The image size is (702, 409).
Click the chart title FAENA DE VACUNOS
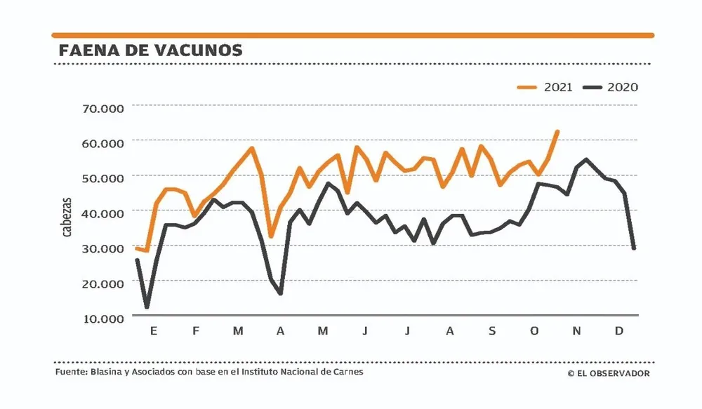(x=151, y=51)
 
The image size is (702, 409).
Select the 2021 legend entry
(x=545, y=87)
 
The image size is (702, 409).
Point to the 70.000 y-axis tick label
(x=102, y=109)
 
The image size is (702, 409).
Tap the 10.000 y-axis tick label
(x=102, y=318)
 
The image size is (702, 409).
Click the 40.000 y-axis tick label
(x=102, y=213)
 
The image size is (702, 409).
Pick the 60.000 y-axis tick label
(x=102, y=142)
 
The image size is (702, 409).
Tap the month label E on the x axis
(x=153, y=330)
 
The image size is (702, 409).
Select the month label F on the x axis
(x=196, y=330)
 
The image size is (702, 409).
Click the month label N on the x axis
(x=576, y=330)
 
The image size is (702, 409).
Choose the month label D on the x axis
(x=619, y=330)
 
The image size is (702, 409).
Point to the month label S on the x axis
(x=492, y=330)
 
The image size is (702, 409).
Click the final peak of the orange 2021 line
(x=557, y=131)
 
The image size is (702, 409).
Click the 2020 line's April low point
(x=280, y=293)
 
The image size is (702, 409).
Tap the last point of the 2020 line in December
(x=634, y=248)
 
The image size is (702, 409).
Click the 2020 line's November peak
(x=586, y=159)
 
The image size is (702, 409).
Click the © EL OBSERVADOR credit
(x=609, y=373)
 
